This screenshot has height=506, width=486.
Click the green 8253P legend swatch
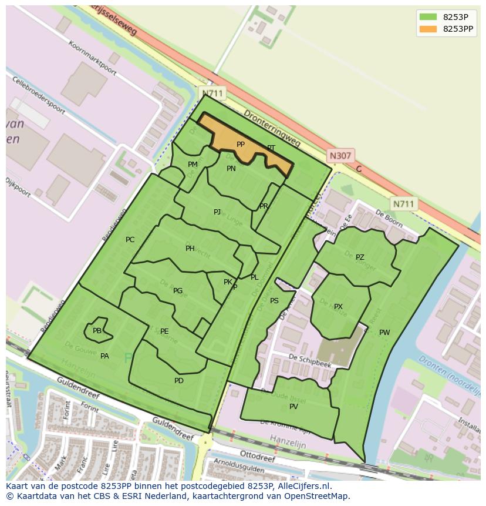coord(428,16)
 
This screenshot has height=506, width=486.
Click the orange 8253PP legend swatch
coord(428,29)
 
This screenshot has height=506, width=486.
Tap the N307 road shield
coord(340,156)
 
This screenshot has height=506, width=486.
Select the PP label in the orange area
coord(241,145)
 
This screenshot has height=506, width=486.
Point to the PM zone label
coord(193,165)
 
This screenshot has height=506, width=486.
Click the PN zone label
coord(231,169)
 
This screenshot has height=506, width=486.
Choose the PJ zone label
coord(217,212)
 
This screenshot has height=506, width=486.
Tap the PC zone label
coord(130,240)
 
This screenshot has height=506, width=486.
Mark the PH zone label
coord(190,249)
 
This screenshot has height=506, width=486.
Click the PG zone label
coord(178,291)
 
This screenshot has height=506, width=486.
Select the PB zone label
coord(97,331)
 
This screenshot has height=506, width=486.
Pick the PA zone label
coord(104,356)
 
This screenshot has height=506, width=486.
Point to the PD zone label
coord(179,381)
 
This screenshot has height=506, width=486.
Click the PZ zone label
coord(360,257)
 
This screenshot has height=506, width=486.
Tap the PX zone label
coord(338,307)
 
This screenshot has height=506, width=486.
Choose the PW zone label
coord(384,333)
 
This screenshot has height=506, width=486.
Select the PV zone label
coord(293,407)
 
